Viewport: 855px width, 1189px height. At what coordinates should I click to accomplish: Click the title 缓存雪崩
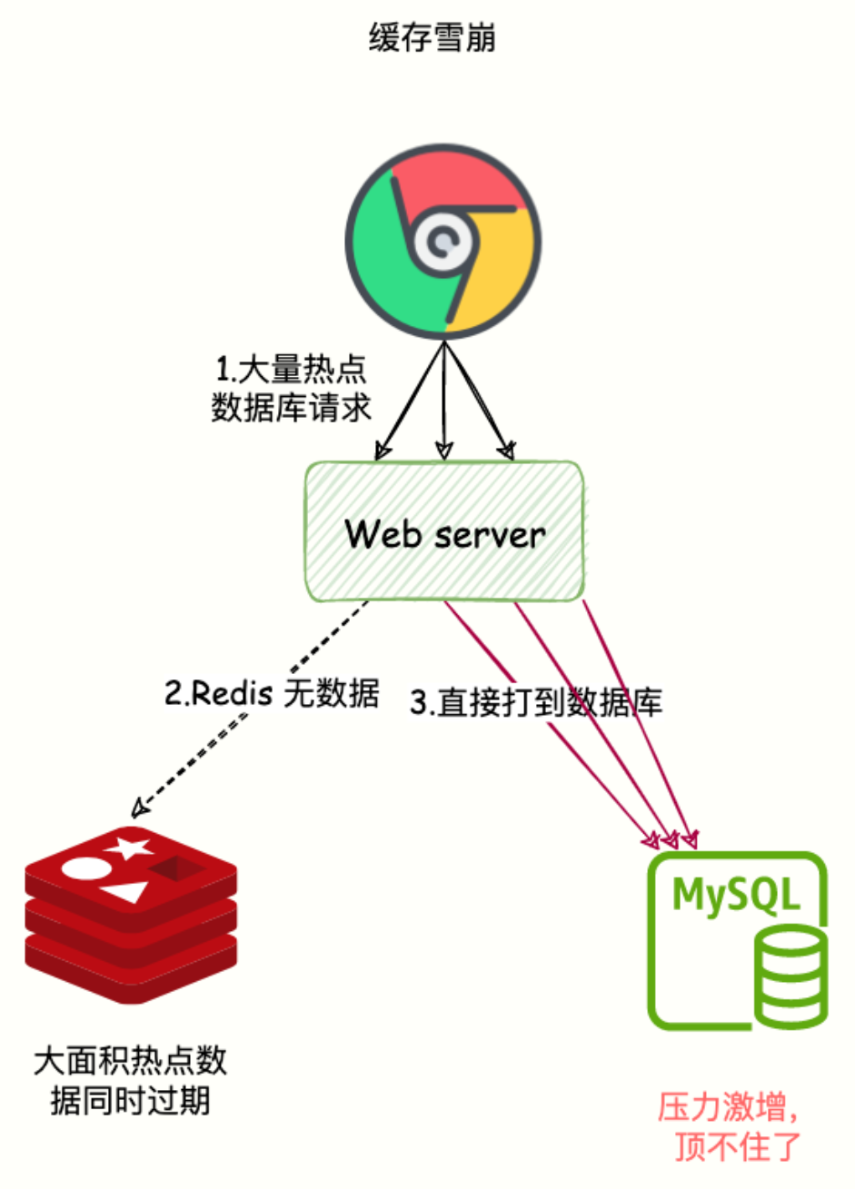(x=432, y=39)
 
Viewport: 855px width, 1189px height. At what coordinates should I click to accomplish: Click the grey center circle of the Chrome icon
(x=442, y=243)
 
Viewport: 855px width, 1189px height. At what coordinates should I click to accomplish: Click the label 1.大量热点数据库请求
(x=291, y=389)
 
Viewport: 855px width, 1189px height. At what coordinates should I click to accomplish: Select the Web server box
(x=443, y=531)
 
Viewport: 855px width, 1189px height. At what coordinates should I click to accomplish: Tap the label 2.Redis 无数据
(x=271, y=694)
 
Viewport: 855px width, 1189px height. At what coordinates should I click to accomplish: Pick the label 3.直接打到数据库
(x=536, y=702)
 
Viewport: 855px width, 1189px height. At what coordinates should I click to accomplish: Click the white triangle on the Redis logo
(x=124, y=891)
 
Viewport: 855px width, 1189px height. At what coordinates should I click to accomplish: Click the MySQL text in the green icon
(x=736, y=896)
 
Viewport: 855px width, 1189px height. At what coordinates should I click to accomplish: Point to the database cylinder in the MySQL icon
(x=791, y=976)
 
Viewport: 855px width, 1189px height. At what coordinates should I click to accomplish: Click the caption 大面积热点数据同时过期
(x=130, y=1080)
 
